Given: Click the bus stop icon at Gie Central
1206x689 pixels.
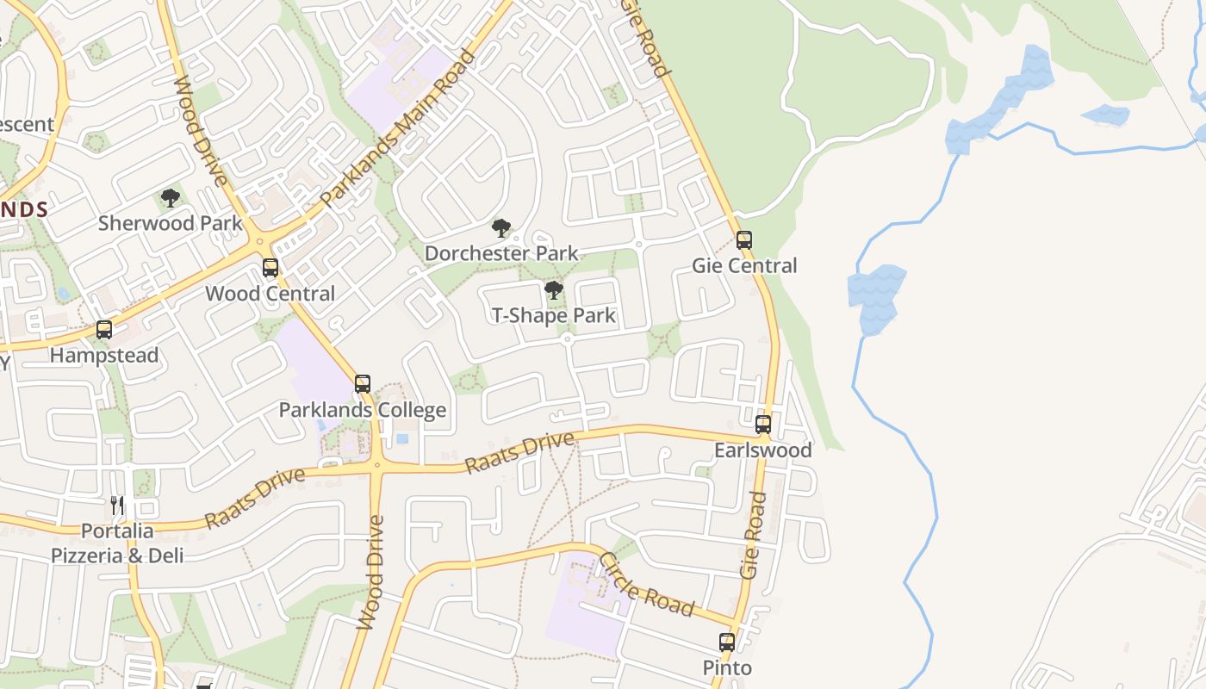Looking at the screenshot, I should pyautogui.click(x=744, y=240).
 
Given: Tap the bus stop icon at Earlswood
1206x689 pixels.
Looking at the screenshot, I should pyautogui.click(x=763, y=425).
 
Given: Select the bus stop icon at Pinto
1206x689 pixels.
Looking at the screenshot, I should pyautogui.click(x=727, y=642).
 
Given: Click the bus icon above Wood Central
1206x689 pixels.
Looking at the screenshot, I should pyautogui.click(x=270, y=268).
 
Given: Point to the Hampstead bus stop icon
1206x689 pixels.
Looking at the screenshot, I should pyautogui.click(x=104, y=330).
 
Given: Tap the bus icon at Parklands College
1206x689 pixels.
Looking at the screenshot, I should pyautogui.click(x=363, y=384).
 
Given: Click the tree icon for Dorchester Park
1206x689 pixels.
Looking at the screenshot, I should pyautogui.click(x=501, y=228).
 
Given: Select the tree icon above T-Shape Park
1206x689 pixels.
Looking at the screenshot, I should pyautogui.click(x=554, y=290).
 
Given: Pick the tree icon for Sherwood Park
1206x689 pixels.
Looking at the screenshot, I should pyautogui.click(x=171, y=198).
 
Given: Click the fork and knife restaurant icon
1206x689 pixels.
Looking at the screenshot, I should pyautogui.click(x=118, y=505).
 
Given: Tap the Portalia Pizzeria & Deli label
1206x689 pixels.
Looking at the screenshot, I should pyautogui.click(x=117, y=543).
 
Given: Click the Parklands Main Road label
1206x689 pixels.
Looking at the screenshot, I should pyautogui.click(x=398, y=129).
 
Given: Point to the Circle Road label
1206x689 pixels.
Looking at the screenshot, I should pyautogui.click(x=645, y=585).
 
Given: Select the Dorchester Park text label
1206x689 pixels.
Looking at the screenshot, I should pyautogui.click(x=501, y=254).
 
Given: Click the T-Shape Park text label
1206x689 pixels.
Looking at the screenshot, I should pyautogui.click(x=554, y=316).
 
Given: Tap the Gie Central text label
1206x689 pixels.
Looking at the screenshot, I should pyautogui.click(x=744, y=266).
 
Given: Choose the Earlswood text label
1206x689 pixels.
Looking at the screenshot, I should pyautogui.click(x=763, y=450).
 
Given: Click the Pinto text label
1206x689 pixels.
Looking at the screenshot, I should pyautogui.click(x=727, y=668).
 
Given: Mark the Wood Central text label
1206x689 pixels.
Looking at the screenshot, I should pyautogui.click(x=270, y=294).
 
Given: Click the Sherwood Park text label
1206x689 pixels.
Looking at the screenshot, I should pyautogui.click(x=171, y=223).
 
